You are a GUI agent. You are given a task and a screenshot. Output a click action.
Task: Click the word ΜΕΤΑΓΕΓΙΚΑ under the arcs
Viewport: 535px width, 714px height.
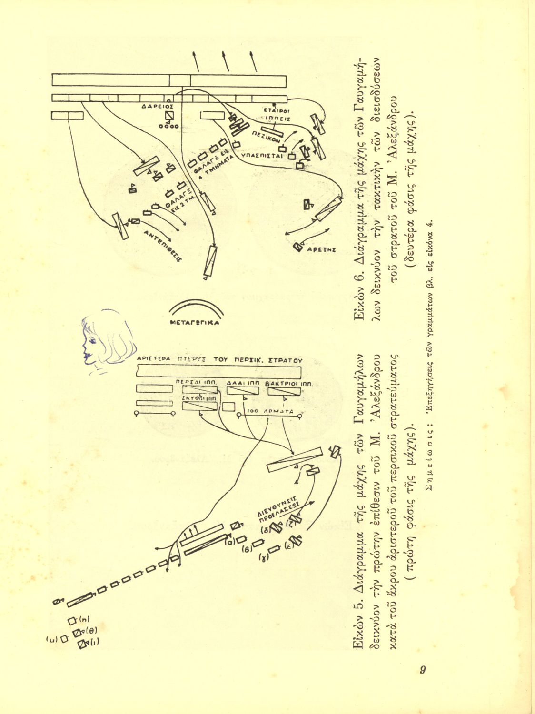click(195, 322)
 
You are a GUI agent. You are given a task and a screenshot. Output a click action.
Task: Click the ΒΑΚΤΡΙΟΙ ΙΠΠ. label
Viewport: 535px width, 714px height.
click(288, 383)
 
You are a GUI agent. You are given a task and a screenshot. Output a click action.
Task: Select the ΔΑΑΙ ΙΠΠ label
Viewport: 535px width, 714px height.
click(243, 383)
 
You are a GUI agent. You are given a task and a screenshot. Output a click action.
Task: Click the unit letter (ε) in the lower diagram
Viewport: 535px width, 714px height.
click(287, 545)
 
